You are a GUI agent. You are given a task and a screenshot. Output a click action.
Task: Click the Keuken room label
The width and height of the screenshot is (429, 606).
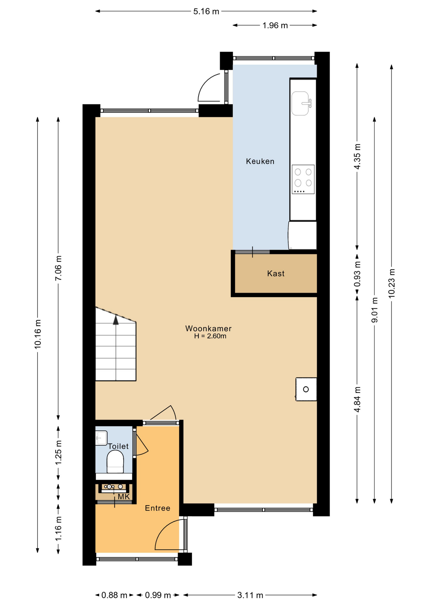(x=260, y=161)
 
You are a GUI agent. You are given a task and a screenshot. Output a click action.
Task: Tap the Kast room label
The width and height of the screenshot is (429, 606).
(x=276, y=273)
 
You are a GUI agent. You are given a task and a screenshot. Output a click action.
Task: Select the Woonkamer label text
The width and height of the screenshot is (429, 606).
(x=208, y=328)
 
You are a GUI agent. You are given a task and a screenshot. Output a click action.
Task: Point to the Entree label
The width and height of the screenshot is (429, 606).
(x=158, y=508)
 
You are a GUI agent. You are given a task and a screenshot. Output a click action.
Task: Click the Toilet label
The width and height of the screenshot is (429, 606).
(x=118, y=446)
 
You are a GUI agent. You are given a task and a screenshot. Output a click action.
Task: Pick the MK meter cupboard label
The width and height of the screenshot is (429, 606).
(x=124, y=496)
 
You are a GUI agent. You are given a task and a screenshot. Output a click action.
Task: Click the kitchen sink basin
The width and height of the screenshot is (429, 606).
(x=300, y=103)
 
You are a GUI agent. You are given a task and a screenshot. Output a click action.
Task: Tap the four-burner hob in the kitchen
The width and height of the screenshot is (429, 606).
(x=303, y=179)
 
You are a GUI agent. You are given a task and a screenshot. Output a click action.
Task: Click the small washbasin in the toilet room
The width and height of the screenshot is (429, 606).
(x=101, y=438)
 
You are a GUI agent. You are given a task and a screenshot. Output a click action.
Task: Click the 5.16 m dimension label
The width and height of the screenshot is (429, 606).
(x=206, y=11)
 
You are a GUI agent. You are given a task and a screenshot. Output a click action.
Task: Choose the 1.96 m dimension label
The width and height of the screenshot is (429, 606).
(x=275, y=25)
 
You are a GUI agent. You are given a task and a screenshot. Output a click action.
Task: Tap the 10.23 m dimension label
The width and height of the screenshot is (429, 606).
(x=392, y=283)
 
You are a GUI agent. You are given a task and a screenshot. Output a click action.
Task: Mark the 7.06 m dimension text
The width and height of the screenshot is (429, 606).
(x=58, y=268)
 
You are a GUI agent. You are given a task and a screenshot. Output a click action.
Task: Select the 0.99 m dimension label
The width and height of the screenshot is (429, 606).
(x=158, y=595)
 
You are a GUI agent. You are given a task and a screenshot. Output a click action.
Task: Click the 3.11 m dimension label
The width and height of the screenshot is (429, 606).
(x=250, y=595)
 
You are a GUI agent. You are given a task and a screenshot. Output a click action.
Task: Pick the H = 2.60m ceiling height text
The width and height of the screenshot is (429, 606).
(x=210, y=336)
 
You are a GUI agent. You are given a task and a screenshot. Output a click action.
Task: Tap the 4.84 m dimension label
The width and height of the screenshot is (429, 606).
(x=357, y=399)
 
